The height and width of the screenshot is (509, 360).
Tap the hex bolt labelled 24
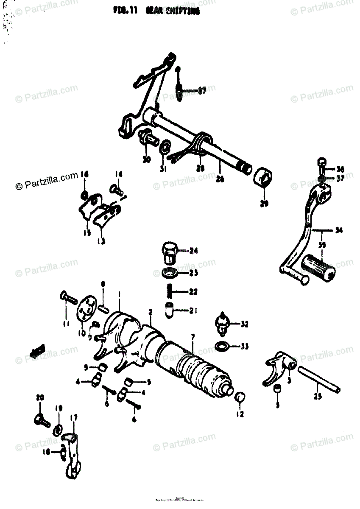pos(169,253)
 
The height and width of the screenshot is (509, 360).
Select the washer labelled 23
pos(170,272)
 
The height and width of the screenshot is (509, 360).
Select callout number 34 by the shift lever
pos(338,231)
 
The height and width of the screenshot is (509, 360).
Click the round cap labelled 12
pos(240,397)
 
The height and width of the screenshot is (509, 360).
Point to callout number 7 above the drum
pos(193,337)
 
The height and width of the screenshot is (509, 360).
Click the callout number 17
pos(74,418)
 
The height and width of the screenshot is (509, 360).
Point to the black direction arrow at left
pos(37,350)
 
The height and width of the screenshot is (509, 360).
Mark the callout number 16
pos(84,175)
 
